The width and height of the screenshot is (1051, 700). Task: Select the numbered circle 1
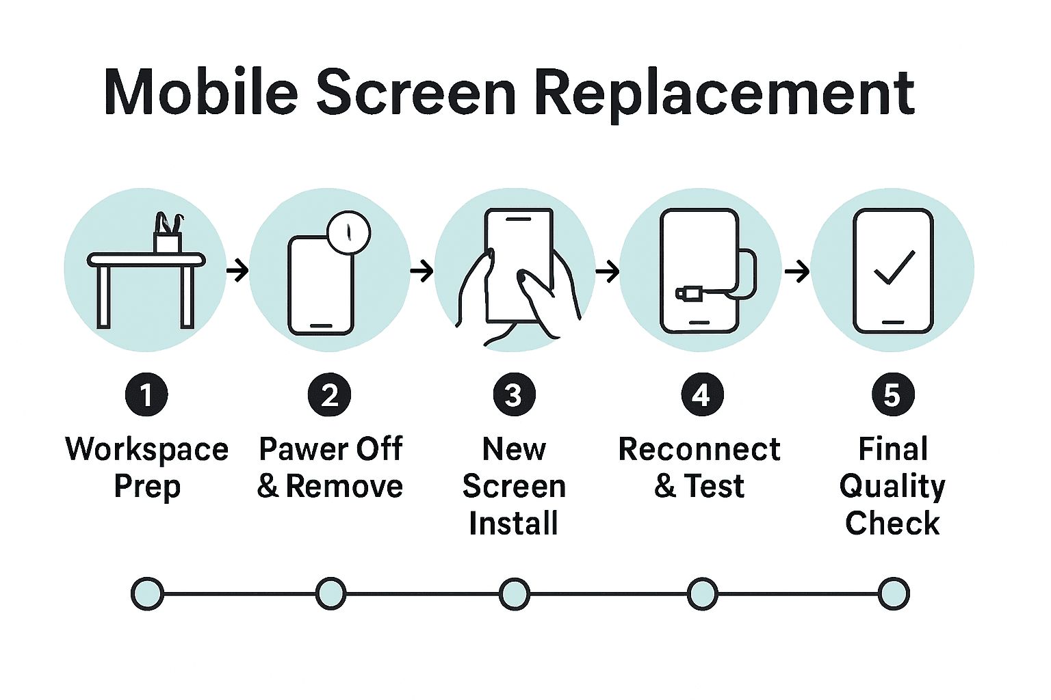tap(146, 394)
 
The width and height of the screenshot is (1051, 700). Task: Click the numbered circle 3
tap(514, 394)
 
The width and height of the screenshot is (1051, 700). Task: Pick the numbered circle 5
tap(892, 394)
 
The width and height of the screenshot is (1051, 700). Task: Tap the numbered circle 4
tap(702, 394)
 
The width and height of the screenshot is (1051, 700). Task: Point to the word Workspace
tap(146, 450)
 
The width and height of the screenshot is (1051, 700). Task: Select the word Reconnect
tap(699, 450)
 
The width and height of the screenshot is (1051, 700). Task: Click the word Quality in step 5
tap(892, 487)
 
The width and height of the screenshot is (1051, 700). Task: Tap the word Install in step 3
tap(513, 524)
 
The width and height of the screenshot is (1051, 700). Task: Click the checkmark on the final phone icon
tap(894, 267)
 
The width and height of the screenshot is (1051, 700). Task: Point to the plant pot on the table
tap(168, 242)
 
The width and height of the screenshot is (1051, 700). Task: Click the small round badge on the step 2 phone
tap(349, 232)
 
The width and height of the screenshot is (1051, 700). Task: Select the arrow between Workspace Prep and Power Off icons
tap(237, 271)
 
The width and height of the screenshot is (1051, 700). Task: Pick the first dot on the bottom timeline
tap(147, 593)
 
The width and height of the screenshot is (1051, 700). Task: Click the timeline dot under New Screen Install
tap(514, 593)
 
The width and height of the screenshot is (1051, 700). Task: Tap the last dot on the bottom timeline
tap(893, 593)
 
